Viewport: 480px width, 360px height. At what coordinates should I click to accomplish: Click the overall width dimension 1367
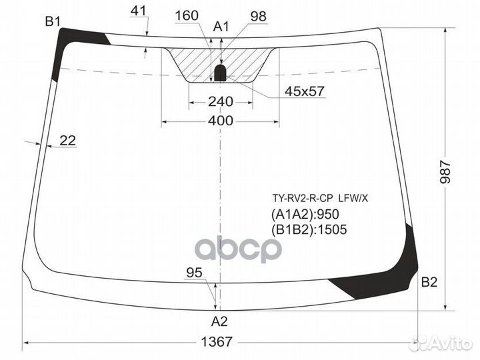point(216,341)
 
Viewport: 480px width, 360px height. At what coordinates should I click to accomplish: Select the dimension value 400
point(220,121)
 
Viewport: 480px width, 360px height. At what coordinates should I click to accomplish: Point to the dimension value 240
point(220,101)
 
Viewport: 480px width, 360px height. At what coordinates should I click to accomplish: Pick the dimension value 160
point(187,15)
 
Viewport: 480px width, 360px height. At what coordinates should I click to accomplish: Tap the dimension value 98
point(258,15)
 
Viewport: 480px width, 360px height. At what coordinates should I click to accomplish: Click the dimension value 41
point(139,10)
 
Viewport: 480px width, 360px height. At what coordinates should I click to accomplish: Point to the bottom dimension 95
point(194,272)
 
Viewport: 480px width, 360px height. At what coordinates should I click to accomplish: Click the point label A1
point(221,27)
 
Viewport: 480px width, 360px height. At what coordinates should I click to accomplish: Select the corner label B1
point(53,23)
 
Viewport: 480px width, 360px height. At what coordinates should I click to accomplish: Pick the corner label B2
point(429,282)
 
